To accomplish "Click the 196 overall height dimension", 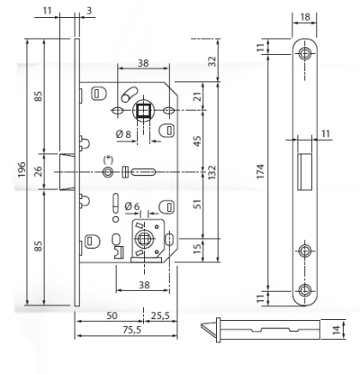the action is [x=22, y=169].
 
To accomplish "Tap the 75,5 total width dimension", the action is [x=132, y=330].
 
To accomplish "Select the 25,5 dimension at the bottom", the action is [x=160, y=315].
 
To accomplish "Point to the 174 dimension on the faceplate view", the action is [x=260, y=171].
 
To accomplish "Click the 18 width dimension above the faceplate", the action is [x=305, y=17].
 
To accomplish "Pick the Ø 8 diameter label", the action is [x=123, y=134].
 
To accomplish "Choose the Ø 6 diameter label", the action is [x=132, y=206].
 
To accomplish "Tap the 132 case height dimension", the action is [x=212, y=172].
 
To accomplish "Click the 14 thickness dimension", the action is [x=337, y=330].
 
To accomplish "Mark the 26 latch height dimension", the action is [x=39, y=171].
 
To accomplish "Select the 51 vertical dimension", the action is [x=197, y=204].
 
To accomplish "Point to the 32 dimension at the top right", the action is [x=212, y=61].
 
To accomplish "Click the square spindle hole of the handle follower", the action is [x=143, y=111].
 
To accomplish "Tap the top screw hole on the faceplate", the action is [x=305, y=54].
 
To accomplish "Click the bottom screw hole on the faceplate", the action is [x=305, y=290].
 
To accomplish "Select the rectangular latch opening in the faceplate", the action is [x=305, y=171].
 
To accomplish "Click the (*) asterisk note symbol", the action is [x=107, y=160].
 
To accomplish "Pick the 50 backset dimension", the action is [x=112, y=315].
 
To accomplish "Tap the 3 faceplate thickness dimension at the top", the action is [x=89, y=11].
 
